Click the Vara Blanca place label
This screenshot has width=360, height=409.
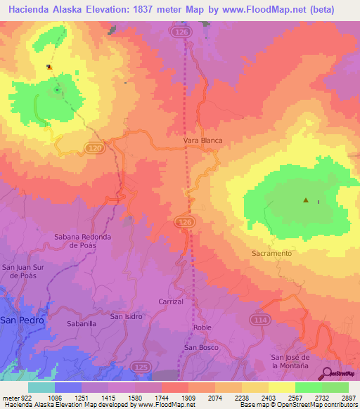(x=202, y=141)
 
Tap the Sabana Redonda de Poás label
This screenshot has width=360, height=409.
(x=82, y=242)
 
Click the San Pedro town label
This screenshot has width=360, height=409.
(x=22, y=320)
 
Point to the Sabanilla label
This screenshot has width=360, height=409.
(x=81, y=324)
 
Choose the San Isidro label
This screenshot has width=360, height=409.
(x=127, y=316)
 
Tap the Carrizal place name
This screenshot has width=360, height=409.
(x=171, y=301)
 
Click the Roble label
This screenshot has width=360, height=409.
(x=202, y=327)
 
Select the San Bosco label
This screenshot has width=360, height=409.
(x=202, y=347)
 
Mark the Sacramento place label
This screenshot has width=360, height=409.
(x=271, y=252)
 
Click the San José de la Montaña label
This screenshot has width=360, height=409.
(x=290, y=362)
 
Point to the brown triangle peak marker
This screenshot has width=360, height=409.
(x=306, y=200)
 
